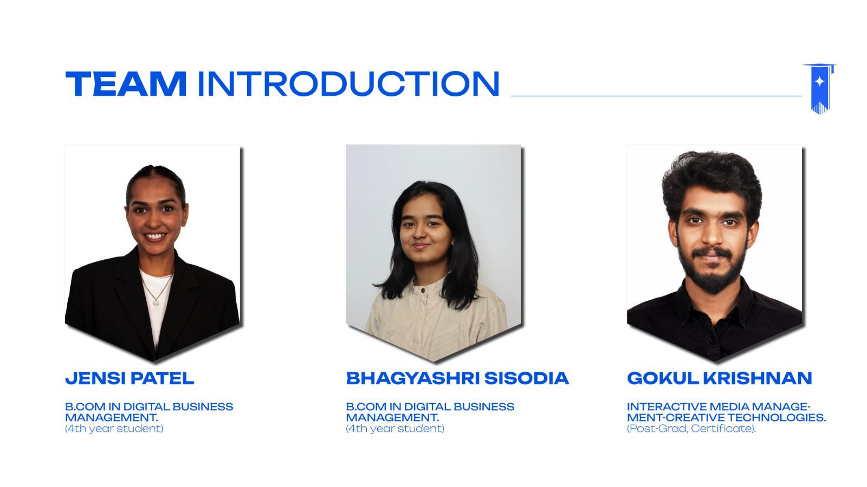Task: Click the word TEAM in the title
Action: (126, 84)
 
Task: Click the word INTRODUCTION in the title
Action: (348, 84)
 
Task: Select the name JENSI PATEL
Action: (130, 378)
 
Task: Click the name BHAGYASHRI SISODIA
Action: (457, 378)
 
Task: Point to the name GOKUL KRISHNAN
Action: (719, 378)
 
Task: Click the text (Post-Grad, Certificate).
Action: (691, 429)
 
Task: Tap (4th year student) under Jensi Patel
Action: (114, 429)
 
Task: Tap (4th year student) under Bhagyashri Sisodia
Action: (395, 429)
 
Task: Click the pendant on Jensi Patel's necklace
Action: (156, 302)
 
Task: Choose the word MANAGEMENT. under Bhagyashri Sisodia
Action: (392, 418)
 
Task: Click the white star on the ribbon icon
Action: (820, 82)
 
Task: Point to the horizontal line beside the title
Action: (656, 96)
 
